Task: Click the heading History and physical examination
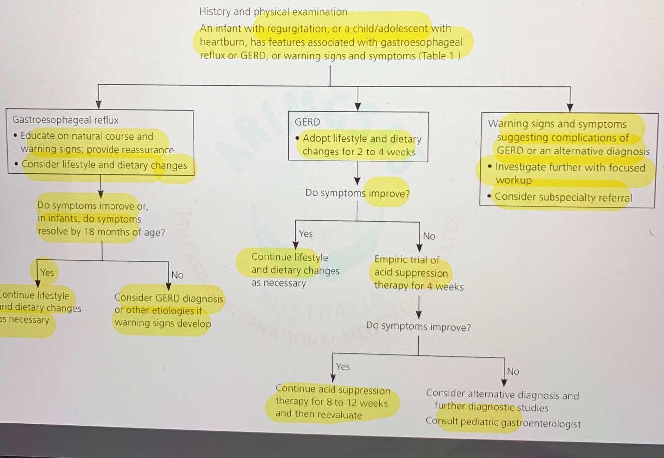pyautogui.click(x=273, y=12)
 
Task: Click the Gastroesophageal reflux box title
pyautogui.click(x=66, y=120)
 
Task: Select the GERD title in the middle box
pyautogui.click(x=307, y=122)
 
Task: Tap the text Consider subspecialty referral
pyautogui.click(x=563, y=197)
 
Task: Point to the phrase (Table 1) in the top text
pyautogui.click(x=440, y=56)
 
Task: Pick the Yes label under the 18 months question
pyautogui.click(x=47, y=272)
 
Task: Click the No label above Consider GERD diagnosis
pyautogui.click(x=177, y=275)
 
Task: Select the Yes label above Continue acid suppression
pyautogui.click(x=343, y=367)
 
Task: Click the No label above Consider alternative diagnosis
pyautogui.click(x=513, y=371)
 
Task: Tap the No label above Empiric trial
pyautogui.click(x=429, y=236)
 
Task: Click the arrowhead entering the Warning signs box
pyautogui.click(x=570, y=107)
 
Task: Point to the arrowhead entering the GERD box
pyautogui.click(x=358, y=106)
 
